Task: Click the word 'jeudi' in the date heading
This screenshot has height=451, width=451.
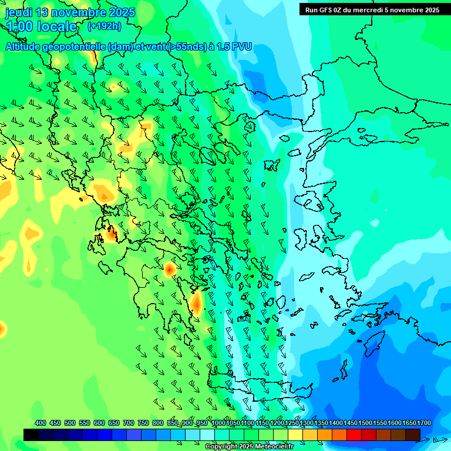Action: coord(18,12)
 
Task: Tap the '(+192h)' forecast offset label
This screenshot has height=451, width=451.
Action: coord(104,26)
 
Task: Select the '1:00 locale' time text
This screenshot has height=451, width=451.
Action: coord(41,26)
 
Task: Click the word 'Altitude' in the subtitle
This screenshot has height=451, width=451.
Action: coord(26,46)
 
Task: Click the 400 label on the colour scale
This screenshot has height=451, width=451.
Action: coord(41,423)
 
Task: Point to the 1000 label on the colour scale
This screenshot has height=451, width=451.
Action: coord(218,423)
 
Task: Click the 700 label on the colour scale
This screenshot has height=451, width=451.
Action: coord(129,423)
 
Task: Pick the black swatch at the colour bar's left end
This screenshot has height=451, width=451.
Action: coord(31,435)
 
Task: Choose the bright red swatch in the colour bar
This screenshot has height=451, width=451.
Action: coord(354,435)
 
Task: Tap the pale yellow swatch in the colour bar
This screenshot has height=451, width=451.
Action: coord(295,435)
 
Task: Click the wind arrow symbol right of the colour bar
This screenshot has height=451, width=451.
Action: coord(439,439)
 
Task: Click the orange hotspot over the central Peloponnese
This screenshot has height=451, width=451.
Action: coord(169,269)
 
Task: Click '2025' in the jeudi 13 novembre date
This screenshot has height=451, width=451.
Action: coord(122,12)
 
